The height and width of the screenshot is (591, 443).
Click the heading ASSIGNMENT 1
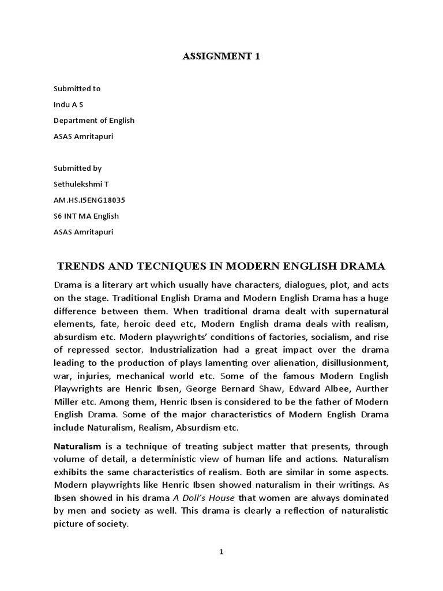(221, 55)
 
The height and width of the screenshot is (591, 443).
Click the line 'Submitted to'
(77, 88)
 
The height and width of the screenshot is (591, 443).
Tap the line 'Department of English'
(94, 121)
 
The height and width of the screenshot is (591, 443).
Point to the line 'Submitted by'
(77, 168)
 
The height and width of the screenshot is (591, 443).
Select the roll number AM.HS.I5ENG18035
(89, 200)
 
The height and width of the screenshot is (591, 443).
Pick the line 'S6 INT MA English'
(86, 216)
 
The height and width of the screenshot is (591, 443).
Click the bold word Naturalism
(77, 446)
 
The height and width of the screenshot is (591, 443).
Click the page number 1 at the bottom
(221, 552)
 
